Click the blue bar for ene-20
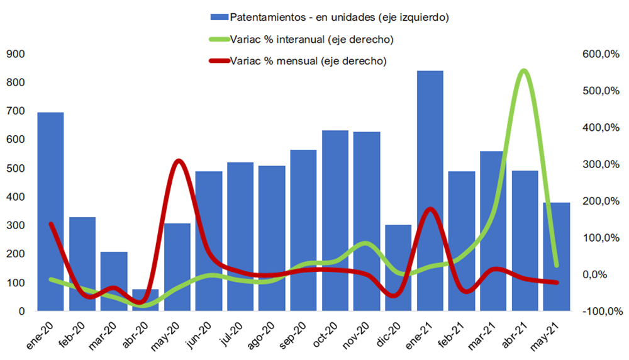[50, 211]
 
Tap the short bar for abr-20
[145, 300]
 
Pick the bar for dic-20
[398, 267]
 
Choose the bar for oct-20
[335, 220]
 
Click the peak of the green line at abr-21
[524, 70]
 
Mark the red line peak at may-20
[179, 161]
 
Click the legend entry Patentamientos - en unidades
[330, 16]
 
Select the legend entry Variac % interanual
[302, 40]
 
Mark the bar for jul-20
[240, 237]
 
